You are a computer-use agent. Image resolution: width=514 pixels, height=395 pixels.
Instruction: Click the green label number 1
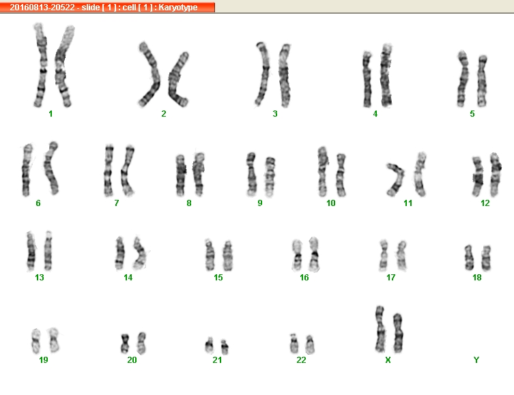[51, 114]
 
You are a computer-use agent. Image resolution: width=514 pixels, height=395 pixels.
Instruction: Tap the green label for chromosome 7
[116, 203]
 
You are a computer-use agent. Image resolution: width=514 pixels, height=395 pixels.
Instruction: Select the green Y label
[476, 360]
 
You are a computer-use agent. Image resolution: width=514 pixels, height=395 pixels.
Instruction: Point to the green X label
[388, 360]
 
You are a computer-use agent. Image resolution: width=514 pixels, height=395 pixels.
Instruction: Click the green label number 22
[301, 360]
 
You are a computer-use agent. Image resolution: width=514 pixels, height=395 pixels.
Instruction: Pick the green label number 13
[40, 278]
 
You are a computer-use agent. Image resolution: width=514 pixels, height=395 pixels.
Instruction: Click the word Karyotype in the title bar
[178, 8]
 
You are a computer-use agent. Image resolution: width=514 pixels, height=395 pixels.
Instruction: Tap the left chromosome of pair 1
[41, 65]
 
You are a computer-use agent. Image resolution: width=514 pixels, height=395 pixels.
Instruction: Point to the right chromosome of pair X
[398, 333]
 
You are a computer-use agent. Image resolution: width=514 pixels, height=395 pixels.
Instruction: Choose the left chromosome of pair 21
[209, 346]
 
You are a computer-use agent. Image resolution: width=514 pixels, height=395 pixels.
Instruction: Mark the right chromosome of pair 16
[314, 254]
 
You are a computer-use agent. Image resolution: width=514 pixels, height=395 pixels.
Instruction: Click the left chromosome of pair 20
[125, 343]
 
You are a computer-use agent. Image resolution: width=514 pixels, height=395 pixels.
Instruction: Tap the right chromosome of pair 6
[51, 168]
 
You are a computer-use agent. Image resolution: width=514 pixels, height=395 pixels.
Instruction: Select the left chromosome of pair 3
[263, 74]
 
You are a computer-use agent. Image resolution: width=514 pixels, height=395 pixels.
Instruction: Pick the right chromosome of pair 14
[140, 252]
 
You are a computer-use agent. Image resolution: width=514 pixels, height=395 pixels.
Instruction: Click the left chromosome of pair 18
[469, 258]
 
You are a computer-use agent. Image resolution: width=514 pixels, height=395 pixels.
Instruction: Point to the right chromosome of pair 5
[481, 81]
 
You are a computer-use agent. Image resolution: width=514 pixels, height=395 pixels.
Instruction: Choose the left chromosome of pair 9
[251, 174]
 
